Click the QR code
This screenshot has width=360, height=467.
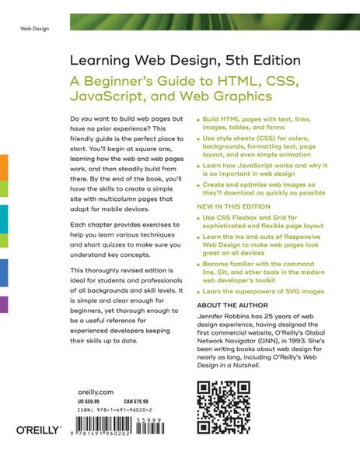[x=226, y=406]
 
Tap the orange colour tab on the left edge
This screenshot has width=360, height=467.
[x=4, y=167]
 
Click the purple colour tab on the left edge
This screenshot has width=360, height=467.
[x=4, y=304]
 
